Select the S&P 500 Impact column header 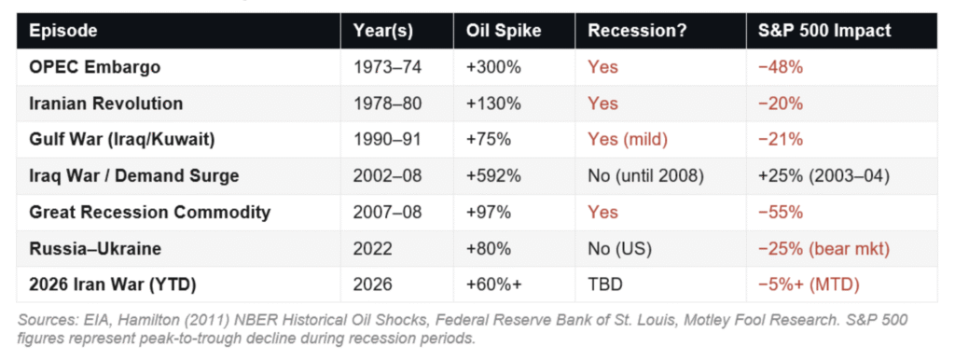(824, 31)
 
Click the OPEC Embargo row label (94, 67)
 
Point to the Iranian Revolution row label (106, 104)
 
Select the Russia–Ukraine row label (94, 248)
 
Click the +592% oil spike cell (493, 176)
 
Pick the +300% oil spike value (493, 67)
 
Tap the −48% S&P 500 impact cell (781, 67)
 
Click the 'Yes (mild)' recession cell (628, 140)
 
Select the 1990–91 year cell (387, 140)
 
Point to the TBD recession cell (604, 285)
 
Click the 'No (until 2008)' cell (645, 176)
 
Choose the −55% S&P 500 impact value (781, 212)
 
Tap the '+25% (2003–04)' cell (824, 176)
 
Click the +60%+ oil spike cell (493, 285)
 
